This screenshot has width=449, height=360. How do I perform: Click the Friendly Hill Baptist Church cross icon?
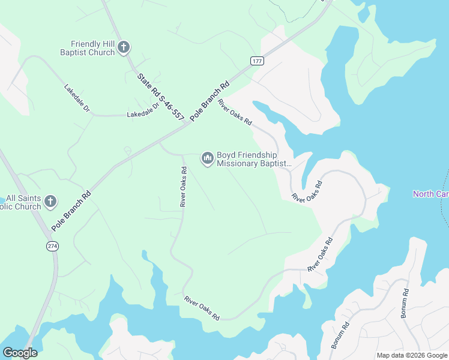[124, 47]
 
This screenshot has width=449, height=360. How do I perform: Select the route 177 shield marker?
[257, 61]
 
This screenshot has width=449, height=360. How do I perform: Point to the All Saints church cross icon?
[50, 202]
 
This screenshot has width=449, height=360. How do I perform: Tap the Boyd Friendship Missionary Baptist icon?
[207, 158]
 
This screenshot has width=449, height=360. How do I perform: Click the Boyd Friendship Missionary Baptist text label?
[254, 159]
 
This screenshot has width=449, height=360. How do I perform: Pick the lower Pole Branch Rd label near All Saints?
[71, 211]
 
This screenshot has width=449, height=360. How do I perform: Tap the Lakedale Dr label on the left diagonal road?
[77, 98]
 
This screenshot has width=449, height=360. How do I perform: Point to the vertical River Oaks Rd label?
[184, 187]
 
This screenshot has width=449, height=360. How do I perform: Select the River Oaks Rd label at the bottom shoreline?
[202, 308]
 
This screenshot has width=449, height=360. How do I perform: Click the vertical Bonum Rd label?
[405, 303]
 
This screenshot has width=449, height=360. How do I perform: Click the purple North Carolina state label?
[430, 194]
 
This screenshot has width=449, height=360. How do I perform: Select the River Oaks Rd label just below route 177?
[235, 112]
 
